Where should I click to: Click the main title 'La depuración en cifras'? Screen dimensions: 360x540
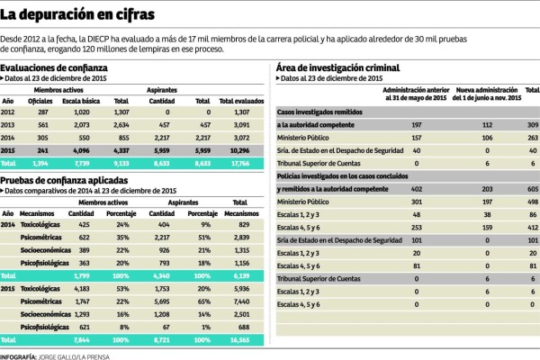click(77, 15)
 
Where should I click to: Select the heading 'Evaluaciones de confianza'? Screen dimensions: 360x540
click(54, 67)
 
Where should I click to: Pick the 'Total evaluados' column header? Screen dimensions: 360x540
click(239, 102)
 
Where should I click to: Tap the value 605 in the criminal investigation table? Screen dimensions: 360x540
click(531, 190)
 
